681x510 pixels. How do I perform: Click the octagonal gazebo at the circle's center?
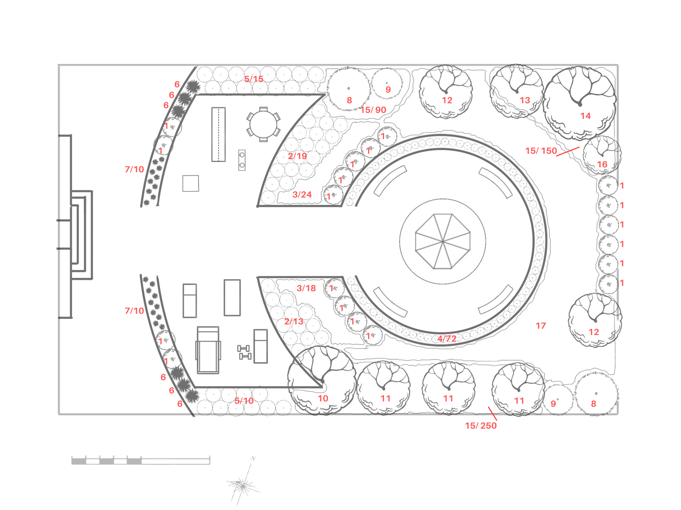(x=443, y=241)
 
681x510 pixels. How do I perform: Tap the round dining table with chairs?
(x=263, y=125)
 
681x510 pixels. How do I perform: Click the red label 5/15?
(x=254, y=79)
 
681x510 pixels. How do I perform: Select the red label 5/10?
(x=244, y=401)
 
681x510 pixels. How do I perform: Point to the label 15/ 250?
(x=481, y=426)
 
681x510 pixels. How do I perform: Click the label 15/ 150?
(x=541, y=151)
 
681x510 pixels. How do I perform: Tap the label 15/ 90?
(x=373, y=110)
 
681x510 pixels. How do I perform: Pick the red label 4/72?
(x=447, y=339)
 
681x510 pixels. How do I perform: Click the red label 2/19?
(x=297, y=156)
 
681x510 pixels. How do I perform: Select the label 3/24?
(x=302, y=195)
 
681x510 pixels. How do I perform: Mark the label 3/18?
(x=306, y=288)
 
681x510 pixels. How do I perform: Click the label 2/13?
(x=294, y=321)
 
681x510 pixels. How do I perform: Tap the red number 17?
(x=541, y=326)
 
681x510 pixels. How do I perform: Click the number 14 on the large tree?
(x=586, y=116)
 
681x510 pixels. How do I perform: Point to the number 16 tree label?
(x=602, y=164)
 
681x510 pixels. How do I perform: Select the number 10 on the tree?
(x=323, y=398)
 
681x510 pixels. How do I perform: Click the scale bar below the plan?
(x=141, y=460)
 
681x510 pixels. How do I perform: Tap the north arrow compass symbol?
(x=243, y=481)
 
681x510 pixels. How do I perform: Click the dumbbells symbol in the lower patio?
(x=244, y=352)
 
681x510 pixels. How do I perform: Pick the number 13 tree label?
(x=525, y=100)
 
